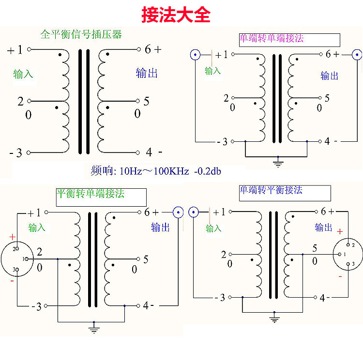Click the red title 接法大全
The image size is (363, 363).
[176, 15]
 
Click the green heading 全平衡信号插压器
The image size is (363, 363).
[81, 34]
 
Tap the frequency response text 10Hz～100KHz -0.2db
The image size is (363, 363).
[170, 171]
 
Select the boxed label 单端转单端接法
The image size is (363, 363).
[289, 40]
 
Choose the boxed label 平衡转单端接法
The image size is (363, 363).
[101, 197]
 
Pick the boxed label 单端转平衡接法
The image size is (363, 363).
[285, 193]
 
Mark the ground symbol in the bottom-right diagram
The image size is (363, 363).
[274, 318]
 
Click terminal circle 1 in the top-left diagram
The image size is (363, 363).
[29, 49]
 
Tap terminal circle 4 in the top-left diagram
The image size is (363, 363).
[138, 152]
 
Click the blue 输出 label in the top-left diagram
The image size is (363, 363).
[147, 73]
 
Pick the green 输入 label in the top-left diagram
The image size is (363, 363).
[23, 74]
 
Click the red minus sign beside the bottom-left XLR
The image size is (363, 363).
[12, 281]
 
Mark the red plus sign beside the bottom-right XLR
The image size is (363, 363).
[340, 231]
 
